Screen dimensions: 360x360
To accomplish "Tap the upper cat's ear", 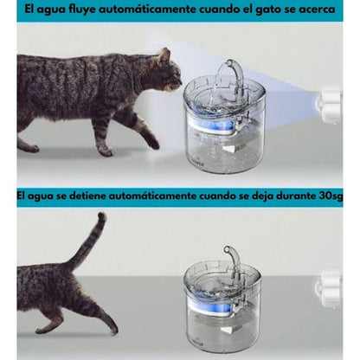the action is click(x=164, y=55).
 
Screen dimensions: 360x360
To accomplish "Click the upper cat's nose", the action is click(x=181, y=82).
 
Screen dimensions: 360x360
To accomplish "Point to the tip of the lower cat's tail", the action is click(x=102, y=215).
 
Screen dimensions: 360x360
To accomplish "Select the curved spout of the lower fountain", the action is click(x=235, y=258).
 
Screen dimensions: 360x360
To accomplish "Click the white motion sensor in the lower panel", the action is click(x=328, y=289).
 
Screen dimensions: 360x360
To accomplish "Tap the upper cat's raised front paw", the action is click(x=153, y=144).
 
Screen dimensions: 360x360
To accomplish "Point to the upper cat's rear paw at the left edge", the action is click(x=29, y=148).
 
